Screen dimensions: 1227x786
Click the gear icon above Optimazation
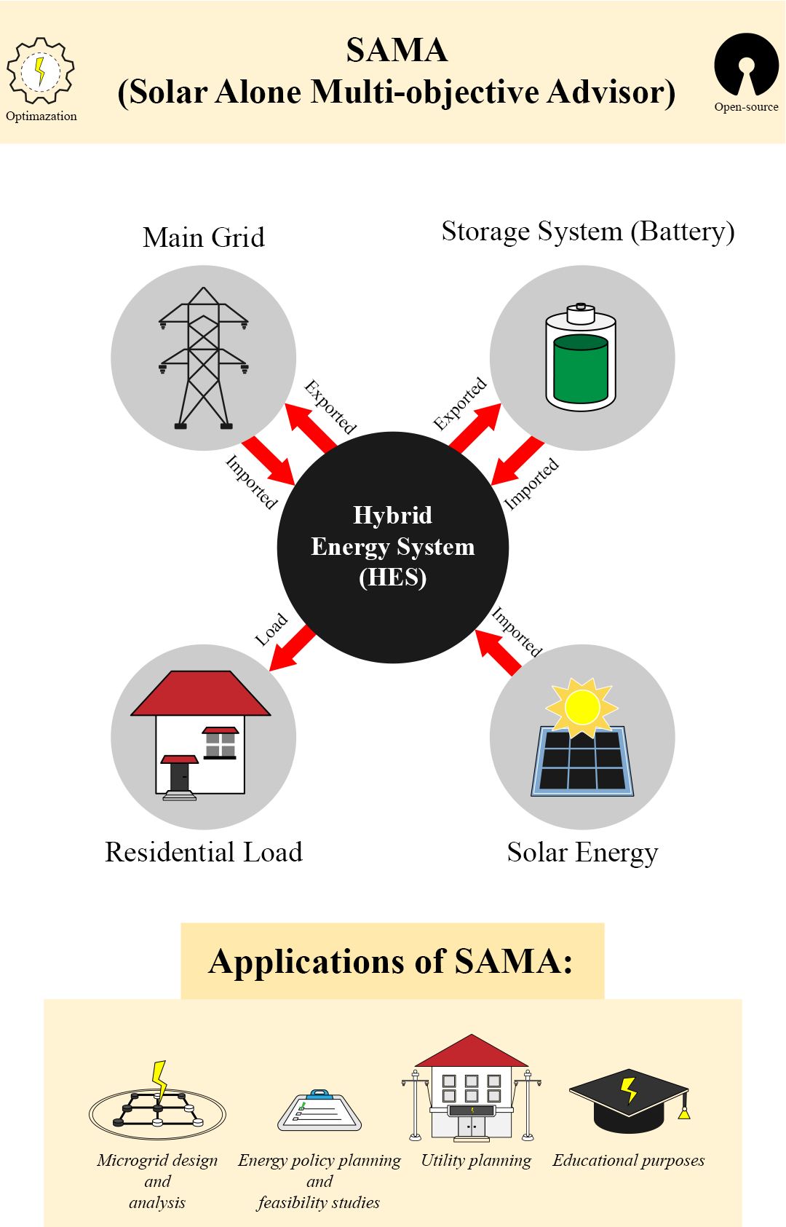(41, 71)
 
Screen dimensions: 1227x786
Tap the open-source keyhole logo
(747, 64)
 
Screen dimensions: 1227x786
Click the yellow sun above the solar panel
(582, 706)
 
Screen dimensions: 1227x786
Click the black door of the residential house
(179, 776)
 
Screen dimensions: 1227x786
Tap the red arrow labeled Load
(292, 647)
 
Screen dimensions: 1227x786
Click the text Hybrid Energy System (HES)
(393, 546)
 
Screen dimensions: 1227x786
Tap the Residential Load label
(204, 852)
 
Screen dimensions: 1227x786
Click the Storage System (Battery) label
(588, 232)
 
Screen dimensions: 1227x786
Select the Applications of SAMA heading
(392, 961)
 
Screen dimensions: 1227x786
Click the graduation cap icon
(629, 1100)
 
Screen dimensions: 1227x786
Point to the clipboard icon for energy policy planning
(319, 1111)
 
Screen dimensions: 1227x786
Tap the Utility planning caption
(476, 1160)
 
